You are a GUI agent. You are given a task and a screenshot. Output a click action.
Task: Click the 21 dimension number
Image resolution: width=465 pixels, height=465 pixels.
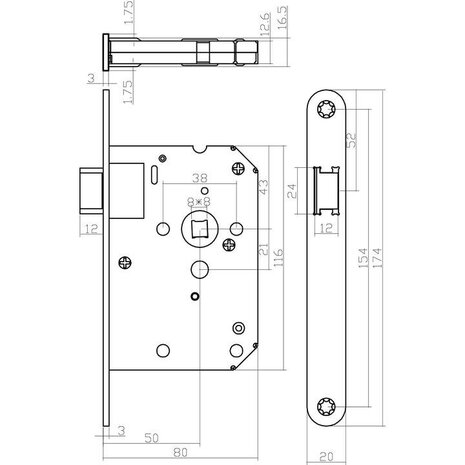(x=262, y=249)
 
